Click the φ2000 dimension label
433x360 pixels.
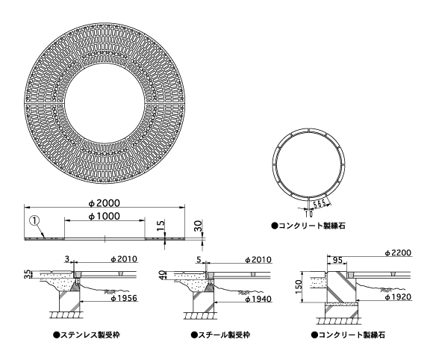(x=105, y=203)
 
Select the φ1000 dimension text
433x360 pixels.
(x=105, y=216)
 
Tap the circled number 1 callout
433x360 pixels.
(x=34, y=220)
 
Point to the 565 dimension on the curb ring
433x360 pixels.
(x=321, y=203)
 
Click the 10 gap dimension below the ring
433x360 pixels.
(x=309, y=214)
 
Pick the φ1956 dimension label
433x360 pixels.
(x=124, y=298)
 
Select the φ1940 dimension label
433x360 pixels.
(x=258, y=299)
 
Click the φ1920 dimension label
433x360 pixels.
(x=398, y=297)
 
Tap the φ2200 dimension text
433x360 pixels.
(x=398, y=252)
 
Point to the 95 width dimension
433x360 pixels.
(x=336, y=260)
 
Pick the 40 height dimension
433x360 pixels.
(x=163, y=274)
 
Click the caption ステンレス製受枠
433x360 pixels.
(x=87, y=335)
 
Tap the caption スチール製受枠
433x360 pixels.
(x=220, y=335)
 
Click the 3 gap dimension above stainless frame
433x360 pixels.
(x=66, y=259)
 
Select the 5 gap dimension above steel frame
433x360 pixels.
(x=200, y=259)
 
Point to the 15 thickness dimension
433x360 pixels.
(x=161, y=226)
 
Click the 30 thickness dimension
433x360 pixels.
(x=199, y=226)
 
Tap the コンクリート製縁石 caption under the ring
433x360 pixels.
(x=308, y=226)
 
